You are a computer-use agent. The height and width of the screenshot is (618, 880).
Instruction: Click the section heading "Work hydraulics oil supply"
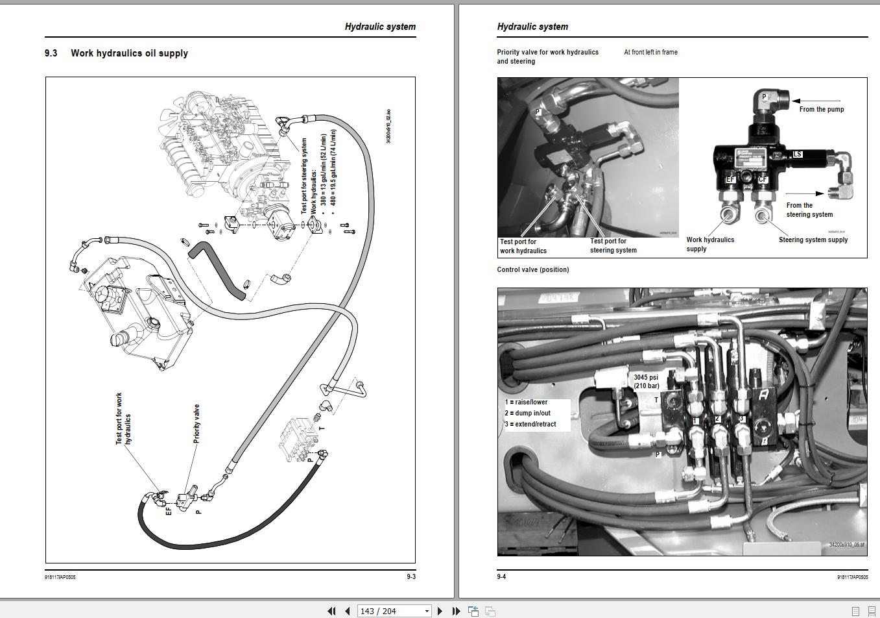click(129, 53)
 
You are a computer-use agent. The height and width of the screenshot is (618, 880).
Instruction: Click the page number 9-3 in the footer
click(410, 576)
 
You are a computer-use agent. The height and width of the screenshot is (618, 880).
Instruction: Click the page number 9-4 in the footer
click(501, 576)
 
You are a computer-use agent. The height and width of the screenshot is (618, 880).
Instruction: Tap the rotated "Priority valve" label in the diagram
click(196, 424)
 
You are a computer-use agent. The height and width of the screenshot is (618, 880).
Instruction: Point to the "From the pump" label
click(821, 109)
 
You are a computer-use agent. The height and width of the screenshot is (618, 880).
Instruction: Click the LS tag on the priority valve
click(797, 154)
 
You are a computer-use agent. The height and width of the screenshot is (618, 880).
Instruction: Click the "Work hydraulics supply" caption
click(710, 244)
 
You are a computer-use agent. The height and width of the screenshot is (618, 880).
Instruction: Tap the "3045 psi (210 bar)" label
click(646, 381)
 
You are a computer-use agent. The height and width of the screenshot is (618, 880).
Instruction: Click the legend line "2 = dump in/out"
click(528, 413)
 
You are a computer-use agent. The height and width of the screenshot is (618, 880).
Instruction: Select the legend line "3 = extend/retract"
click(530, 424)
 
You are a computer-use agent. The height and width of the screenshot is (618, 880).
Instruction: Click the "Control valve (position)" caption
click(532, 269)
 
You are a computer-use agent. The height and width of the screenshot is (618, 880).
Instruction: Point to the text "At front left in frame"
click(650, 52)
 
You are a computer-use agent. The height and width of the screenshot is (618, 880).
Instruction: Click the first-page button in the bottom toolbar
click(331, 611)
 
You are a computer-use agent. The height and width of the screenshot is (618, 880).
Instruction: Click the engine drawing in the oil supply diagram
click(220, 149)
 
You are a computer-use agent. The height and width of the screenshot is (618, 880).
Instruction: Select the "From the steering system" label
click(809, 210)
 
